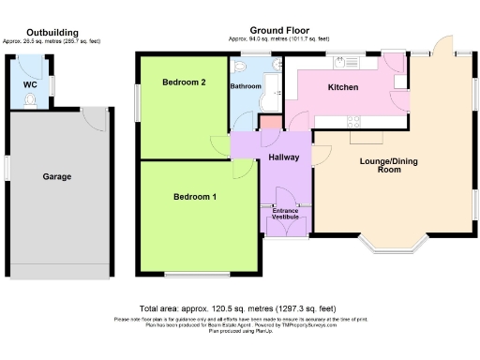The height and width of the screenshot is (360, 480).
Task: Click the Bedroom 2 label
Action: click(184, 82)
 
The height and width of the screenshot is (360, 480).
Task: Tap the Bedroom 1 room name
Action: click(195, 197)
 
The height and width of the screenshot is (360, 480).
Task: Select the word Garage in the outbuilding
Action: click(56, 176)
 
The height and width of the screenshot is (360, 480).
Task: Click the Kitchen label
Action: click(342, 87)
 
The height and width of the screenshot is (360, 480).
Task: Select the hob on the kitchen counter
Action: click(357, 119)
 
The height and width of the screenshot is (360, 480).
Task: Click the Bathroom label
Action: click(246, 86)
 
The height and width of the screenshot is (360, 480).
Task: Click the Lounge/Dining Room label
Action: click(388, 165)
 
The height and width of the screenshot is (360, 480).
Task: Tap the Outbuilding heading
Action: click(52, 32)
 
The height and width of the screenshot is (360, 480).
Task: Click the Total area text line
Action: click(237, 308)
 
